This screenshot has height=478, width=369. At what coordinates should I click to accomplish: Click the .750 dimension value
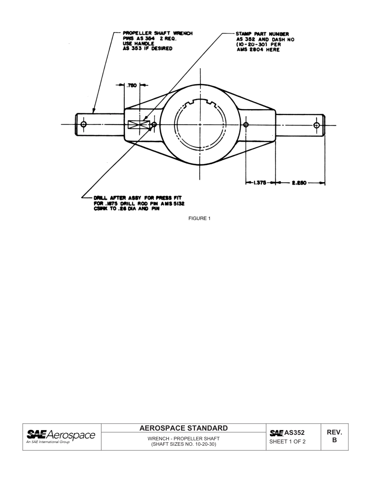pos(132,85)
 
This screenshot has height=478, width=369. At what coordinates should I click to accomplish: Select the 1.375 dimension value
pos(259,183)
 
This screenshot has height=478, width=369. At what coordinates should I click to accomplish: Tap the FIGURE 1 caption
pos(199,218)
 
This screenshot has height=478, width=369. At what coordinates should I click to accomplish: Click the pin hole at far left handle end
pos(84,124)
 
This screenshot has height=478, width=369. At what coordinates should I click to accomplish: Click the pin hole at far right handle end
pos(317,125)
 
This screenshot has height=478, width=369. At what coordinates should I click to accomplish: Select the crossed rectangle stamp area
pos(139,124)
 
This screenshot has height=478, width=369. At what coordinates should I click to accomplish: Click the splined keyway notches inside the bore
pos(200,104)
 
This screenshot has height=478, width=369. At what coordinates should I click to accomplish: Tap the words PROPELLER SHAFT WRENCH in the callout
pos(157,33)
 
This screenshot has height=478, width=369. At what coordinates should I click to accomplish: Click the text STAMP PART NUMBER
pos(262,34)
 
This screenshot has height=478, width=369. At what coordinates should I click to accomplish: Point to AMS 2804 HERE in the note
pos(258,50)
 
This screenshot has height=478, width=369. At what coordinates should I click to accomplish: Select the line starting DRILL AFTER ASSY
pos(137,198)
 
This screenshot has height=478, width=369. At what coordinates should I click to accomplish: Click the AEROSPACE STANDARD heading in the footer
pos(183,428)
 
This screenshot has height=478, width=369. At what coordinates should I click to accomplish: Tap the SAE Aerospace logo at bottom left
pos(61,436)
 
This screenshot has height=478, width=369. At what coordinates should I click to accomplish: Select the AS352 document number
pos(294,433)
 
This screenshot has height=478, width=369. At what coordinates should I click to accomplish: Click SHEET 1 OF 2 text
pos(287,441)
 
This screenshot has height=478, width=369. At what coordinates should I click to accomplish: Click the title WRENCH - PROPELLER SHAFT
pos(183,438)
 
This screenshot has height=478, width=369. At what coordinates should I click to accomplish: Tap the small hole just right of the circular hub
pos(245,125)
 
